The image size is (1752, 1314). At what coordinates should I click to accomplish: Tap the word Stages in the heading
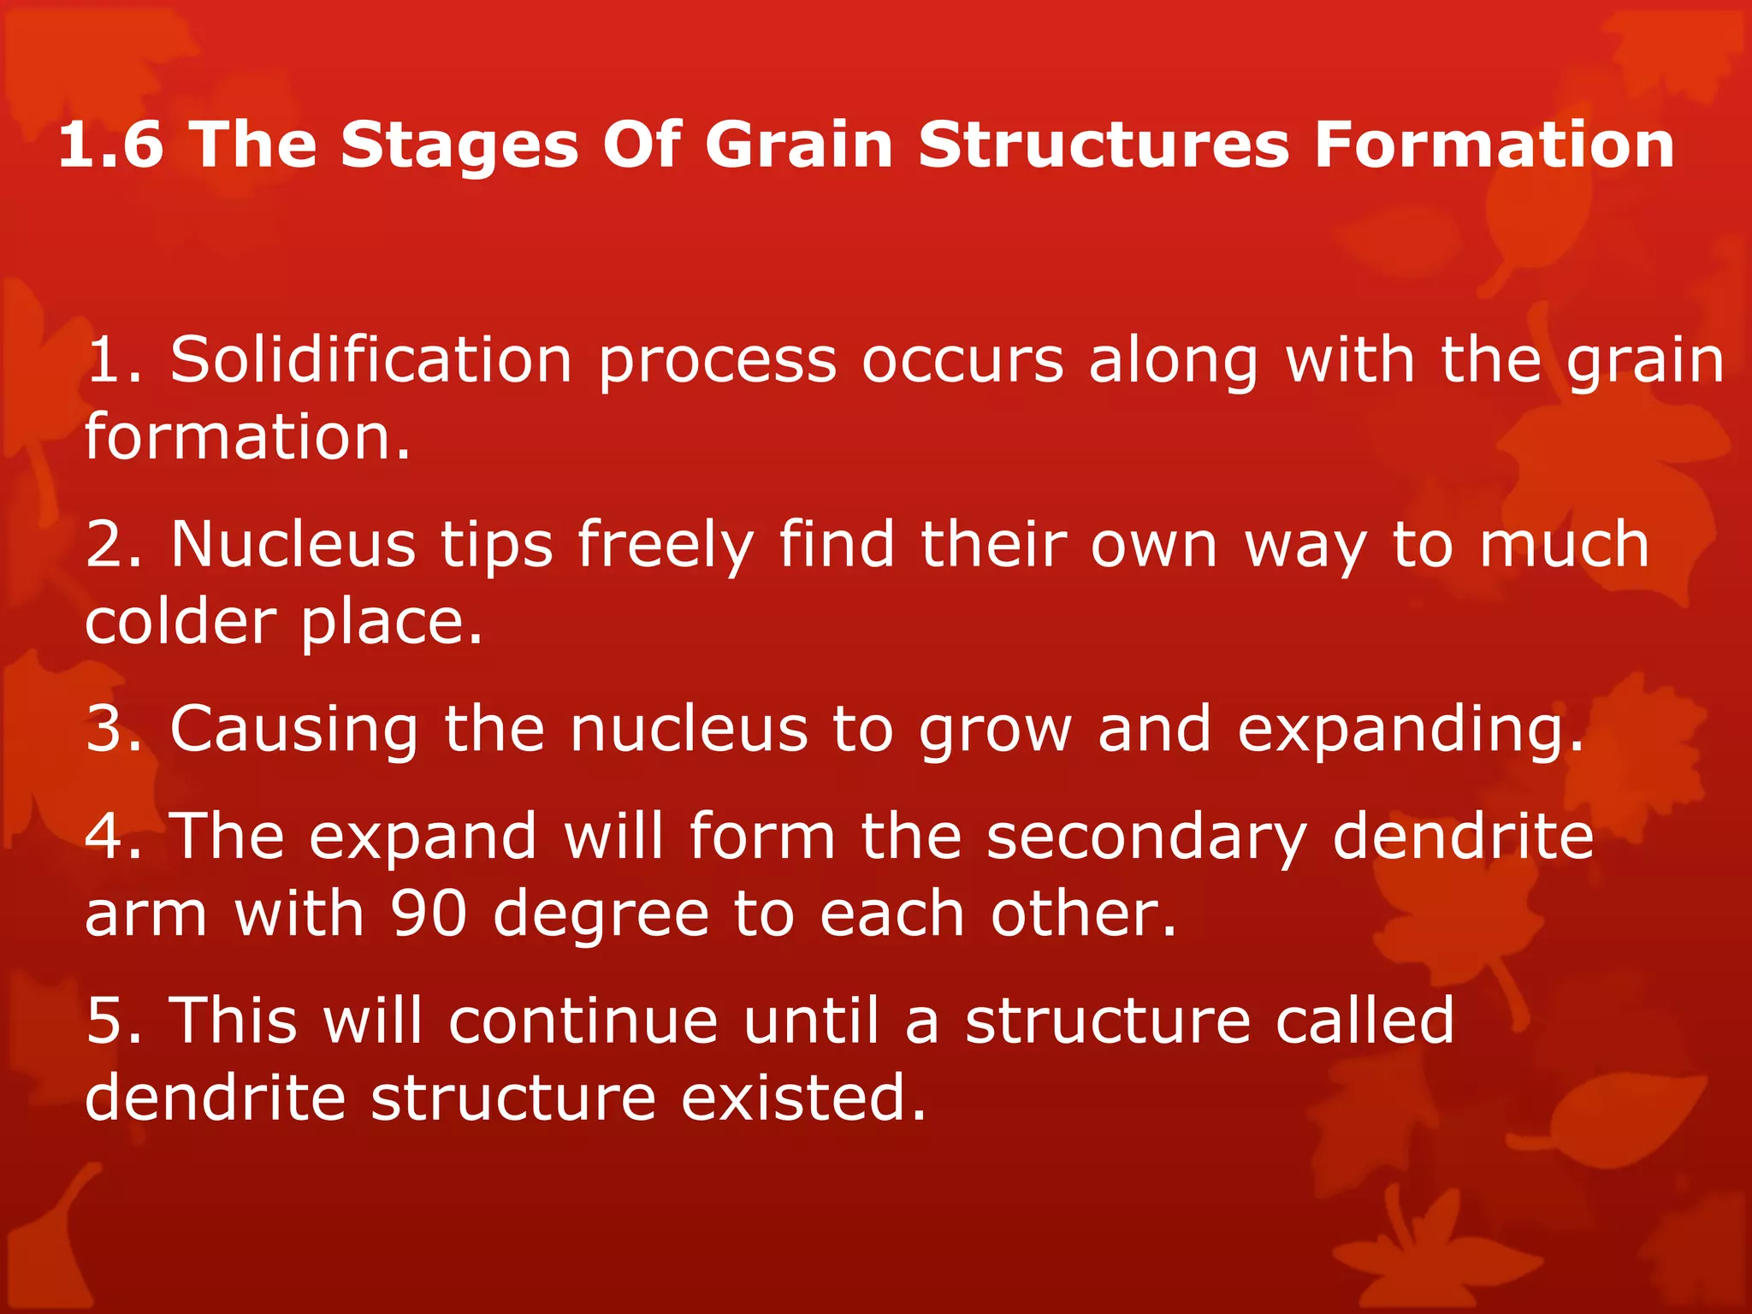pos(460,145)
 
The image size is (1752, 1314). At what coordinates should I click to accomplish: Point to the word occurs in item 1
pos(962,361)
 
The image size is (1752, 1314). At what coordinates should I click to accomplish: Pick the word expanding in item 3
pos(1411,731)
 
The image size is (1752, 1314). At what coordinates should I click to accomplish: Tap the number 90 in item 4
pos(429,914)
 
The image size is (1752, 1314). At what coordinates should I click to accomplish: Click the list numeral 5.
pos(105,1021)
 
